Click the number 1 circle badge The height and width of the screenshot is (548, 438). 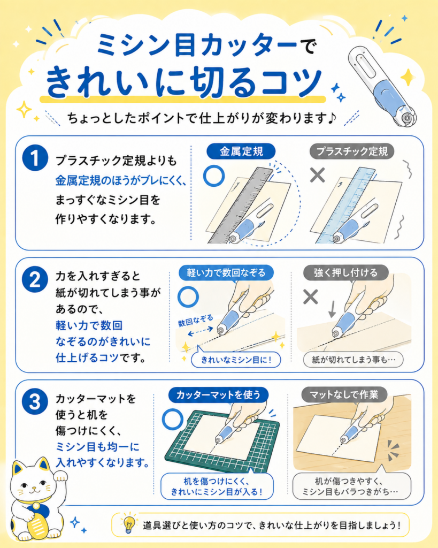coord(35,158)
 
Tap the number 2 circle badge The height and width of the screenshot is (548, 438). coord(35,279)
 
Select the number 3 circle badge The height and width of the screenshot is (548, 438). coord(35,401)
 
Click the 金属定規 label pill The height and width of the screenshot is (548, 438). coord(241,151)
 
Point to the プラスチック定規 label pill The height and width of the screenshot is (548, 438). coord(352,151)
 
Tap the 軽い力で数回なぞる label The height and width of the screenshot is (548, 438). coord(226,272)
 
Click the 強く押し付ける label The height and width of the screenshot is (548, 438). coord(346,272)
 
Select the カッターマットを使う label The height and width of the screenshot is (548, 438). coord(218,395)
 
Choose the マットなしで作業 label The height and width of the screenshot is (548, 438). coord(344,395)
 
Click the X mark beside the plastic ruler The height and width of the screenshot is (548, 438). coord(318,175)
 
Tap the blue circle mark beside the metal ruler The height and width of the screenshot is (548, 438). coord(214,176)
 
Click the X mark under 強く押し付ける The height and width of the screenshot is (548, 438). coord(311,297)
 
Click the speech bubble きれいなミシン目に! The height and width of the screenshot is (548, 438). coord(236,360)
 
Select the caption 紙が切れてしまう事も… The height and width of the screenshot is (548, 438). coord(353,360)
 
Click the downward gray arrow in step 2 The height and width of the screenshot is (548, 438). coord(332,309)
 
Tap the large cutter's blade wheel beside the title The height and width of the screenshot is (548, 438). coord(407,118)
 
